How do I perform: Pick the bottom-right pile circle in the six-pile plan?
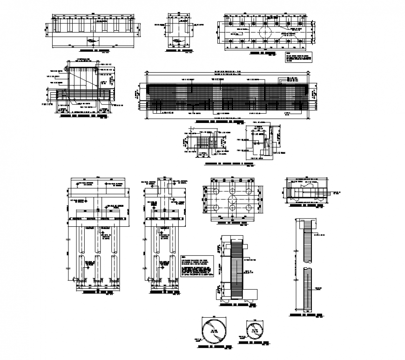[x=248, y=208]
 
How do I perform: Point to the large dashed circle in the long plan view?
[x=264, y=33]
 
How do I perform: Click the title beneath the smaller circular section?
[x=254, y=343]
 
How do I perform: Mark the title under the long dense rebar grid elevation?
[x=218, y=121]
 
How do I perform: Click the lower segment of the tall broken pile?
[x=307, y=289]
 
